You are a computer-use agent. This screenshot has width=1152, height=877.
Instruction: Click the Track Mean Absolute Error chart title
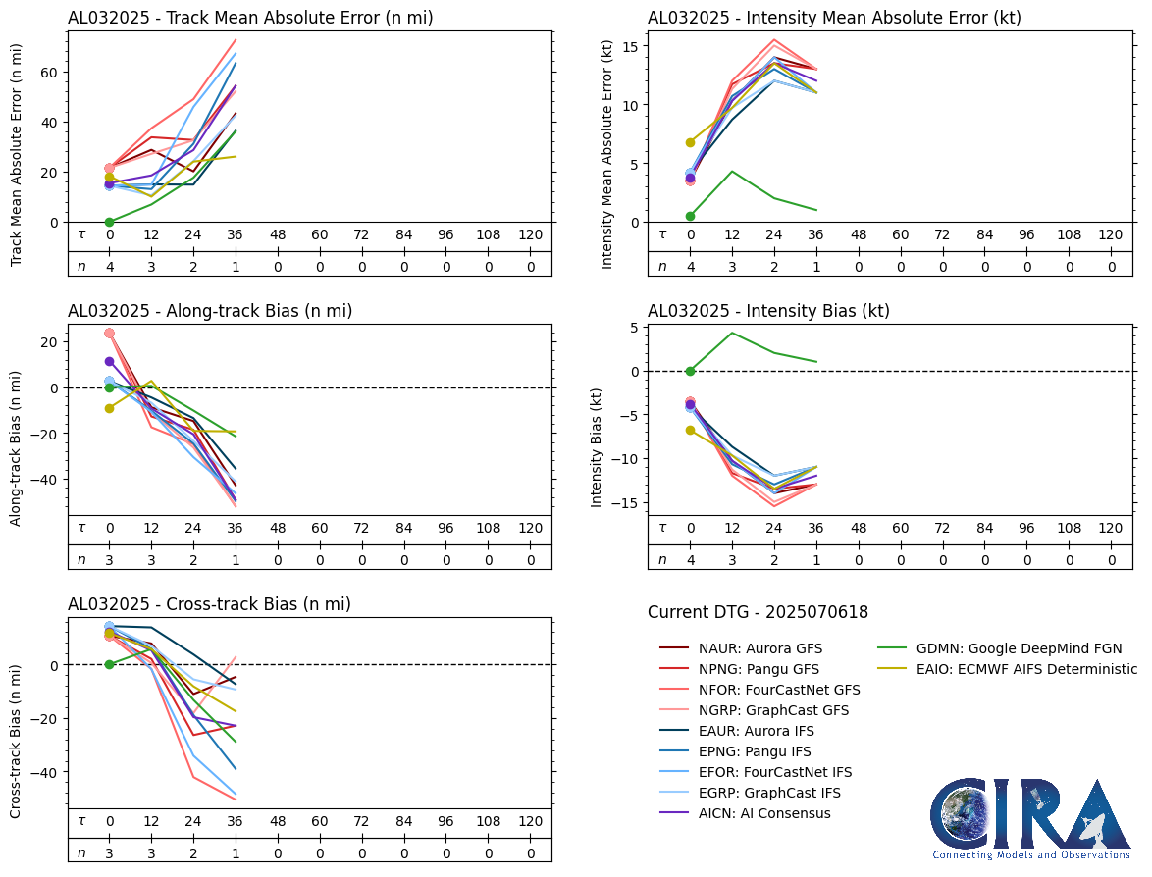tap(250, 18)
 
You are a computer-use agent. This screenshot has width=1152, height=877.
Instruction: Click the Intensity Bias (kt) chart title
tap(768, 311)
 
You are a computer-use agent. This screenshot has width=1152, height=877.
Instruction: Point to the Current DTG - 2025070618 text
tap(758, 613)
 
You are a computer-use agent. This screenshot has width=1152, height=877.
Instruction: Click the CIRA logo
tap(1030, 818)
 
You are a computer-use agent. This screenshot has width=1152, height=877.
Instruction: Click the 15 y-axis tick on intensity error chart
tap(632, 46)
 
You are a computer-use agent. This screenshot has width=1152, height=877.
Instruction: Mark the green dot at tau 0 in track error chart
tap(110, 222)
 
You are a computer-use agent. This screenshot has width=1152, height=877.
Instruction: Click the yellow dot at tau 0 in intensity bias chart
tap(691, 430)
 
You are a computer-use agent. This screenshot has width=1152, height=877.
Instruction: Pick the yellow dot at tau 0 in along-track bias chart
tap(110, 408)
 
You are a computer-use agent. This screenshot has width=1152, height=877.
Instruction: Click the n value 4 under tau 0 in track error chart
tap(110, 266)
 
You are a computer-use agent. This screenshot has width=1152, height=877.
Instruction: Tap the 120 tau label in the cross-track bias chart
tap(530, 821)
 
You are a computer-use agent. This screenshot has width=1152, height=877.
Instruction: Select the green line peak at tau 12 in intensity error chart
tap(732, 172)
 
